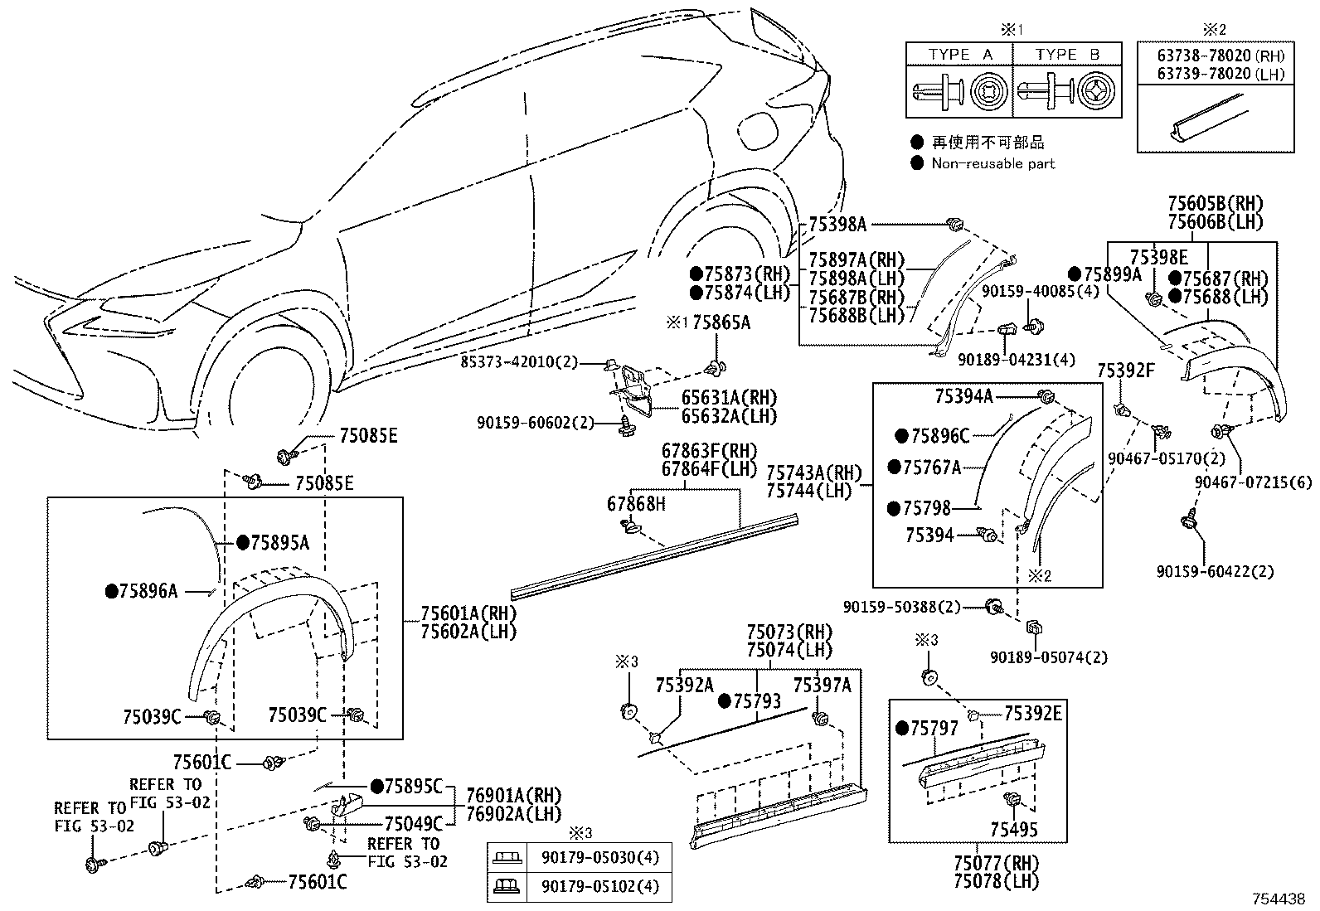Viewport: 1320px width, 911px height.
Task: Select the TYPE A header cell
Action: coord(960,55)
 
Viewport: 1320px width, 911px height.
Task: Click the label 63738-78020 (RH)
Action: coord(1221,56)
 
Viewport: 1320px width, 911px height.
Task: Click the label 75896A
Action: coord(148,591)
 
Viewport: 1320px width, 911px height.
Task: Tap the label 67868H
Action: coord(636,503)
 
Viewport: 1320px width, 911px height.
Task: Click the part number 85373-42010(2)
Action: coord(520,362)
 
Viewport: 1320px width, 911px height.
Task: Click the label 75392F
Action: coord(1126,371)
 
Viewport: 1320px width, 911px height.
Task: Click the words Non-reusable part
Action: coord(992,164)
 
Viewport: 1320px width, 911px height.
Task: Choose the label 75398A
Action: coord(837,223)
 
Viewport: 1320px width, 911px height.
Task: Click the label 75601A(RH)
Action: coord(468,614)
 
